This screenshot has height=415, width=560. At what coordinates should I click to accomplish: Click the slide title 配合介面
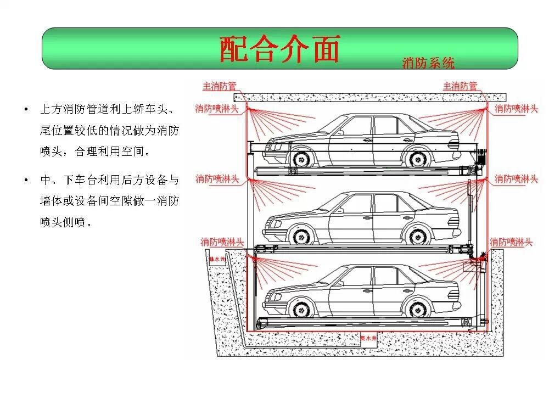point(280,49)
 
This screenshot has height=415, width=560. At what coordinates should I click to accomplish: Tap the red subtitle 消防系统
point(428,63)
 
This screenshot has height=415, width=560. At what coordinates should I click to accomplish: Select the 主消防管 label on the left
point(220,86)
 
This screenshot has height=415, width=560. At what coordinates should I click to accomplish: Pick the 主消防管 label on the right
point(460,86)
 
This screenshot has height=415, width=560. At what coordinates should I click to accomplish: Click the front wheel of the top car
point(300,159)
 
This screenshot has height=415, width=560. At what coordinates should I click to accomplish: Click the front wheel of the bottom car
point(300,309)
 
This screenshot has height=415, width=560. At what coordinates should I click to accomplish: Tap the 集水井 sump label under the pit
point(368,339)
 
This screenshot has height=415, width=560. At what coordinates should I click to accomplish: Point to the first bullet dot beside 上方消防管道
point(26,109)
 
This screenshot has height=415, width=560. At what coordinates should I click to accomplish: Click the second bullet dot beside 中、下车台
point(26,180)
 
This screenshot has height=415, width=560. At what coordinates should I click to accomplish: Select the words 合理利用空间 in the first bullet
point(112,151)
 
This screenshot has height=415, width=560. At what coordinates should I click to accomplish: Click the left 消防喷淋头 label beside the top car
point(217,109)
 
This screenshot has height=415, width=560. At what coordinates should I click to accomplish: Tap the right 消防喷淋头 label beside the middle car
point(516,179)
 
